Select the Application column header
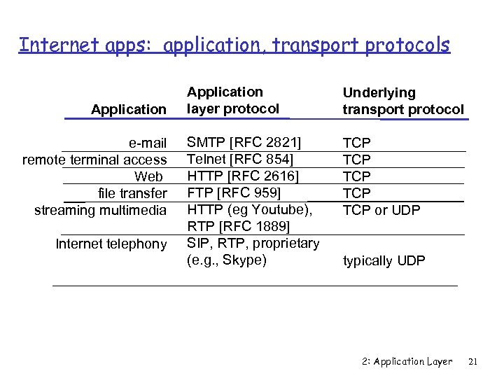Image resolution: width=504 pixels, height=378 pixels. tap(129, 109)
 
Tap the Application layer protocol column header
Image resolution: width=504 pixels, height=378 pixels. tap(232, 100)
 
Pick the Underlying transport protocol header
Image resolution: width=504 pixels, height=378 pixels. tap(402, 101)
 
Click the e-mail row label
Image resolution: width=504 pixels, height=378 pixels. tap(148, 143)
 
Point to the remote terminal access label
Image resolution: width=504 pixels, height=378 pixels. tap(94, 160)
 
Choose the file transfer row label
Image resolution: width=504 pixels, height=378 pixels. tap(132, 193)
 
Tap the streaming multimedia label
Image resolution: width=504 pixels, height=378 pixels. tap(101, 210)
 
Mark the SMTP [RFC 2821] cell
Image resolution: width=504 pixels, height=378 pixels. tap(244, 143)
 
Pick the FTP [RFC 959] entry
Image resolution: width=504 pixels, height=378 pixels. tap(234, 192)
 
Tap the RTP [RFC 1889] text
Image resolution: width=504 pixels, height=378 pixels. tap(238, 226)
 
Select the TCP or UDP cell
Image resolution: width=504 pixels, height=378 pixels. tap(381, 209)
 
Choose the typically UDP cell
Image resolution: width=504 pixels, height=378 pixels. tap(384, 260)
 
